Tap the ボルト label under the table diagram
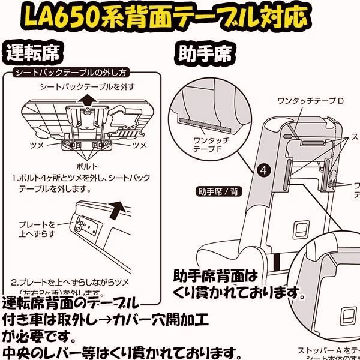point(87,165)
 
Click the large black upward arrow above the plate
point(120,211)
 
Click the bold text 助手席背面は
point(215,277)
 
